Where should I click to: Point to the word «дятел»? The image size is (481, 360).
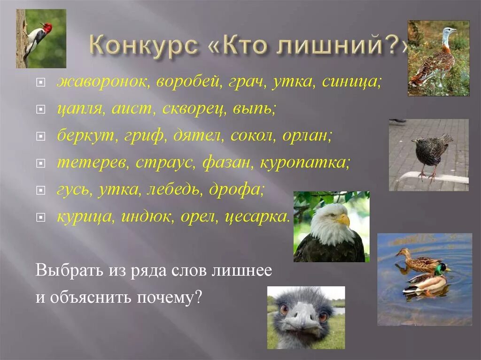tap(201, 136)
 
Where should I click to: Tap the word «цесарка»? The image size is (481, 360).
tap(257, 217)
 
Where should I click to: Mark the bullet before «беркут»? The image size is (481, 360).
tap(41, 137)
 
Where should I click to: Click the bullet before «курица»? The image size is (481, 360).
tap(41, 218)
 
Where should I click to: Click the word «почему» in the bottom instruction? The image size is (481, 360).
tap(169, 298)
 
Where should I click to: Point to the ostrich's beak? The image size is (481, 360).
tap(301, 322)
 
